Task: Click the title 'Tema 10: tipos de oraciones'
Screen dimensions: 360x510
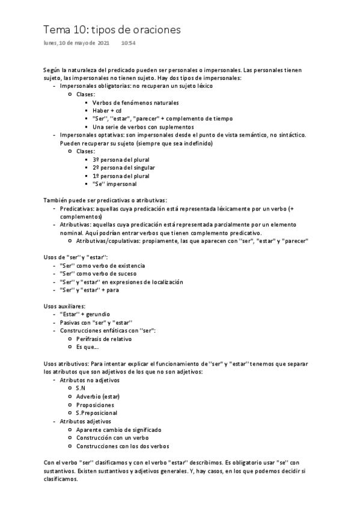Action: click(112, 29)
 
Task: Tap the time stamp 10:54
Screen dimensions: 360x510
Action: click(128, 43)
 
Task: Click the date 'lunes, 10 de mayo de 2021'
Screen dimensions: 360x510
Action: click(76, 43)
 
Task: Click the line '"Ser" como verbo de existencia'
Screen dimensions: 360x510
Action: click(102, 265)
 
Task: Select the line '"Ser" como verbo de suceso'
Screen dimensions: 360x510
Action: click(98, 274)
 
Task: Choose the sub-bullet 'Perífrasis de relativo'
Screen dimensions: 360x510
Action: click(104, 339)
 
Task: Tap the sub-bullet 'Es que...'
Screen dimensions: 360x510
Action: click(87, 347)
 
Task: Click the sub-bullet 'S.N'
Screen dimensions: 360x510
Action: click(81, 388)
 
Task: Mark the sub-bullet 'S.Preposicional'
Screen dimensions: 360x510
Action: click(96, 413)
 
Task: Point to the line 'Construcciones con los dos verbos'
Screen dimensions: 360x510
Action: click(123, 446)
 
